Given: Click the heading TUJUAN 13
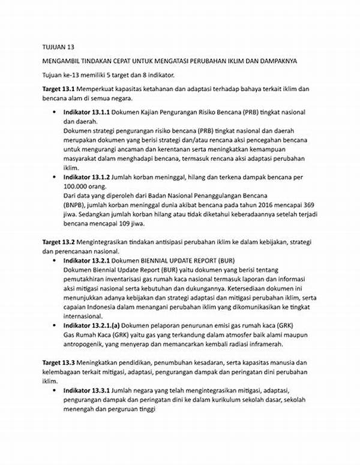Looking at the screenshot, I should coord(58,47).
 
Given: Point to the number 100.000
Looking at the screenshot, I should coord(78,187).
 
